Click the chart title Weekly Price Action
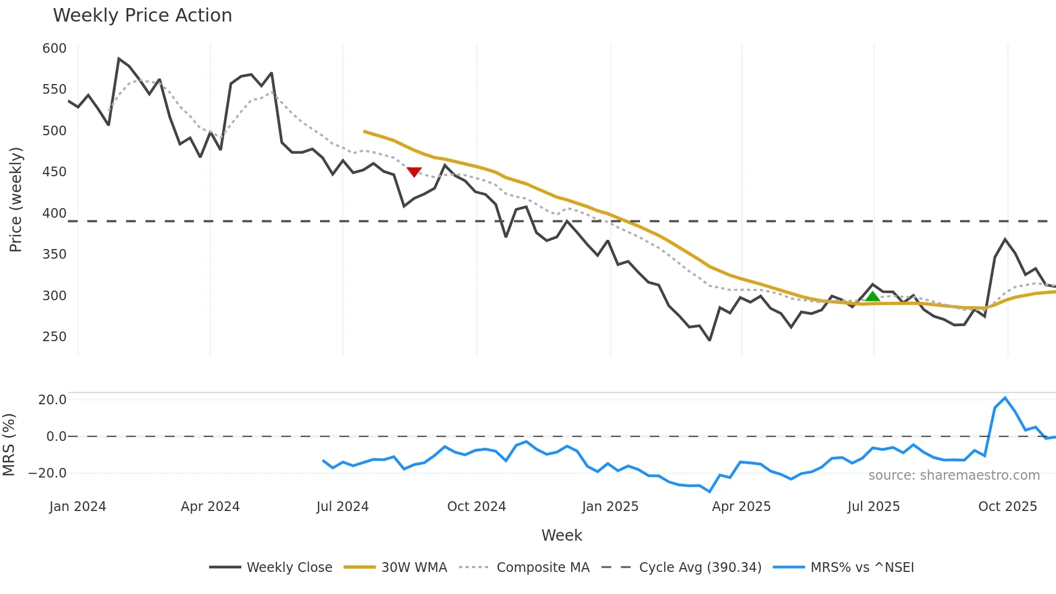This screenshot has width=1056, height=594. tap(142, 16)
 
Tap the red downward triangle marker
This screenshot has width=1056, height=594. tap(414, 171)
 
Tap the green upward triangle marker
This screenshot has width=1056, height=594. tap(872, 296)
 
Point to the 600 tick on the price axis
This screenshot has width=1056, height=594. tap(54, 49)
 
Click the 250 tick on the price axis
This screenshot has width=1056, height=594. tap(54, 337)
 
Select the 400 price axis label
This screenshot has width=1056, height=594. tap(54, 213)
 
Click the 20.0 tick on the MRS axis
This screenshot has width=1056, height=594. tap(52, 400)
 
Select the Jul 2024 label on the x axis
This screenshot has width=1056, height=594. tap(342, 507)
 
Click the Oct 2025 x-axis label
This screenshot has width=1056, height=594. tap(1008, 507)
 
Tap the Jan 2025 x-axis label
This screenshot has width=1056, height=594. tap(610, 507)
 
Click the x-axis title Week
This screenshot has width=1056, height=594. tap(561, 535)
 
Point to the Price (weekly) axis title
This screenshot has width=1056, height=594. tap(16, 199)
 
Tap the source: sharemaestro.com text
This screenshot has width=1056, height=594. tap(954, 475)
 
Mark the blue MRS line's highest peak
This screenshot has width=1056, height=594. tap(1005, 398)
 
